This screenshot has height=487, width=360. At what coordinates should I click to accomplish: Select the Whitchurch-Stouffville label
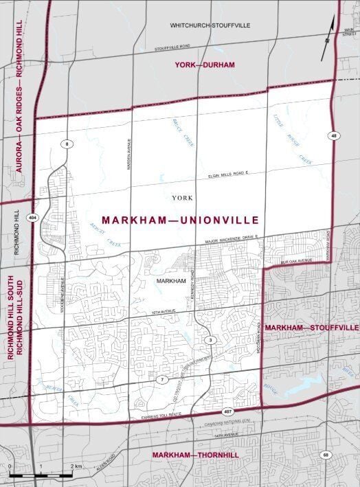210,25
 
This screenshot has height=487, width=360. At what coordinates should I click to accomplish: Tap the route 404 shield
33,217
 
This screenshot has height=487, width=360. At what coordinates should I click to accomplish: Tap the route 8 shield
67,143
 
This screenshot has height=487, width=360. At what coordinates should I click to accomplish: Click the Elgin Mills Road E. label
228,177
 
